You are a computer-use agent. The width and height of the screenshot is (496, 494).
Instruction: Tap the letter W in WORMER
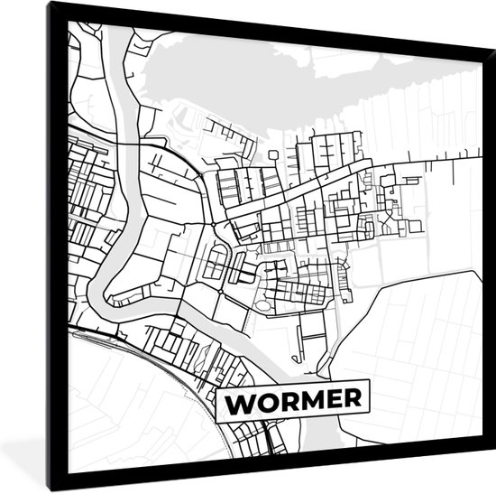(x=239, y=401)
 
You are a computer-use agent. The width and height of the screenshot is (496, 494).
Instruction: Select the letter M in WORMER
(x=302, y=400)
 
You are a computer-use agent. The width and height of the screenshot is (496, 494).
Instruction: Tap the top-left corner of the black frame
(x=51, y=6)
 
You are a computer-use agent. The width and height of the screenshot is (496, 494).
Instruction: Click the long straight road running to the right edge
(x=424, y=168)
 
